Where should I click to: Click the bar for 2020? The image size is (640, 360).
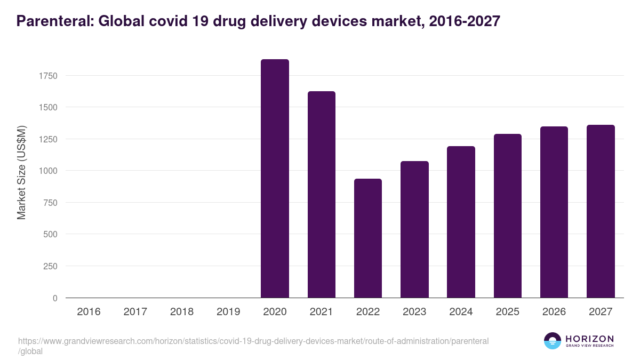[275, 179]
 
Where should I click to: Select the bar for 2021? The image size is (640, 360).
[321, 195]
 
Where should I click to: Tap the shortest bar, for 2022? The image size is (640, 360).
[368, 238]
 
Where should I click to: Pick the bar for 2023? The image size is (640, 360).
[414, 229]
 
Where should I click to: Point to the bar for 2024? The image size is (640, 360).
[461, 222]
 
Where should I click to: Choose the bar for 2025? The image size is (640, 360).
[507, 216]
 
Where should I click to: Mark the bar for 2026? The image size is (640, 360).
[554, 212]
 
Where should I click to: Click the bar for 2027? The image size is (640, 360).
[601, 211]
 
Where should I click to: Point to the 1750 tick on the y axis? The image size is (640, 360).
[47, 76]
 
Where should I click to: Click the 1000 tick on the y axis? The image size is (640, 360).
[47, 171]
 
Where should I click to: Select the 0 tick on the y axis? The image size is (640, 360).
[54, 298]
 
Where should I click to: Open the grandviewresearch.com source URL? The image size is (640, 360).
[253, 341]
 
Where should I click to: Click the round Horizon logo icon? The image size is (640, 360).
[553, 341]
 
